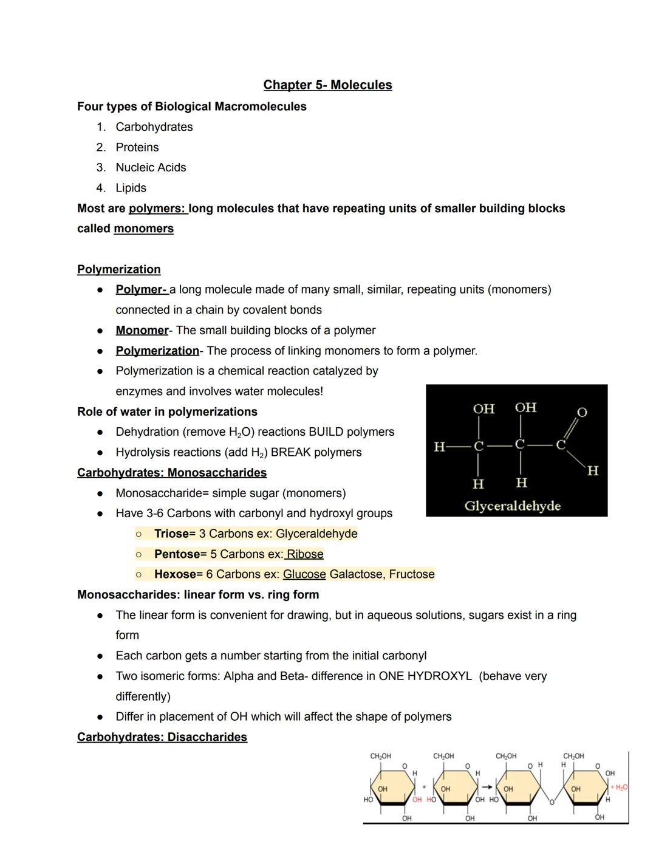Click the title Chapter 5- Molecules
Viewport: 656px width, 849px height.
pos(327,85)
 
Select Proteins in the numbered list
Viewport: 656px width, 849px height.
pos(137,148)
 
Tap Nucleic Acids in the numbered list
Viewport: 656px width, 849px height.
pos(151,168)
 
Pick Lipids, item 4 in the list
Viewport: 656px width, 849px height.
pos(131,188)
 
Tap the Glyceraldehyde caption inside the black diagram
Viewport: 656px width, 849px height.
pos(512,506)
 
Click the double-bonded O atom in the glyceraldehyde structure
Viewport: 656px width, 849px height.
pos(581,413)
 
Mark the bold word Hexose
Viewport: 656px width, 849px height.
pos(175,575)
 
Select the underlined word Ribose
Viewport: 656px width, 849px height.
pos(305,554)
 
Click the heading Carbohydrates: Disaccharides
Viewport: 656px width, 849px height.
pos(162,737)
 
